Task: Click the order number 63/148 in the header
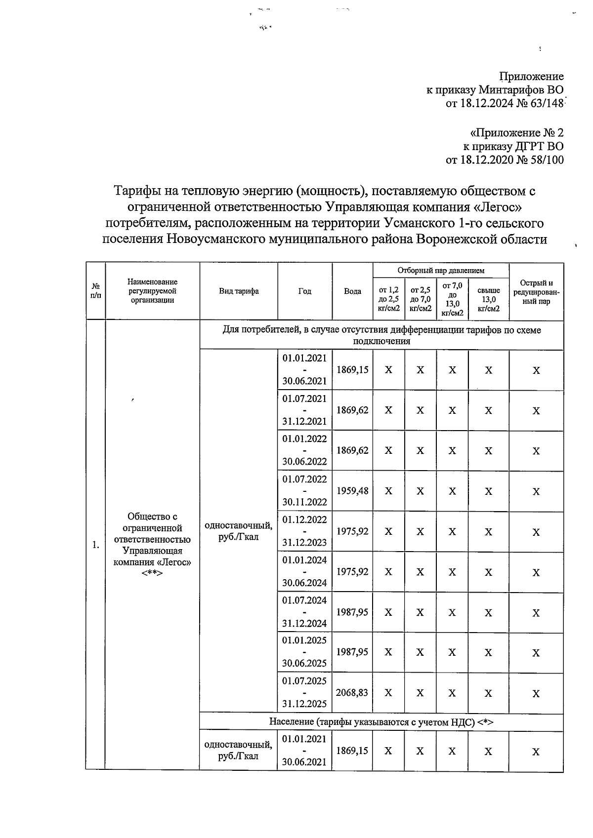coord(547,104)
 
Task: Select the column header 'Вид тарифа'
coord(239,291)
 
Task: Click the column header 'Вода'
coord(352,291)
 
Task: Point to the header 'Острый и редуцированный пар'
coord(536,292)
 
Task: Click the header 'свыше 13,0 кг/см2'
coord(488,299)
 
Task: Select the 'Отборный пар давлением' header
coord(441,270)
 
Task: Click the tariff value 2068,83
coord(352,693)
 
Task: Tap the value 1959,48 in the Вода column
coord(352,491)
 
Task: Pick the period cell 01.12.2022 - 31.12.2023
coord(304,531)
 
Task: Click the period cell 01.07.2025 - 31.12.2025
coord(304,692)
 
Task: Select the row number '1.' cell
coord(95,545)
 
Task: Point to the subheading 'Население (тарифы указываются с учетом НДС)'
coord(381,722)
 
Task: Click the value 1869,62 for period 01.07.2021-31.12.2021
coord(352,410)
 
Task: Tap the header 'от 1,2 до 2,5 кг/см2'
coord(388,299)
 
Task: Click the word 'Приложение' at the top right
coord(531,77)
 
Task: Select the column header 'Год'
coord(304,291)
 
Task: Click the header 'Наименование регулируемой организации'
coord(152,291)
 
